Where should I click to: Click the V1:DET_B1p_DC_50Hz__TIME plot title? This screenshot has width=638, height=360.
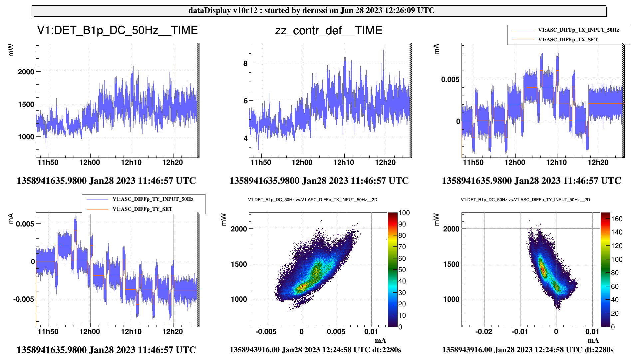117,30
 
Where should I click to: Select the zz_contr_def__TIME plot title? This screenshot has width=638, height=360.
329,31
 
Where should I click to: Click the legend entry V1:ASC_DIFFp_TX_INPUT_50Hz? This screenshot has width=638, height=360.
578,30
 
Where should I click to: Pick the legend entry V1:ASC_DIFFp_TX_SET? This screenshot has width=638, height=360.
568,40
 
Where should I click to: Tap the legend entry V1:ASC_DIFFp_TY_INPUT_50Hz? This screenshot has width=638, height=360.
153,199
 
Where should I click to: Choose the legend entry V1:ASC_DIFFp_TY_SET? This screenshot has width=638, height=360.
142,209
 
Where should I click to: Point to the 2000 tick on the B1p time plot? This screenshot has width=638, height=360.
26,72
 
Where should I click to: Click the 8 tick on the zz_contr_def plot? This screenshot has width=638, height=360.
245,64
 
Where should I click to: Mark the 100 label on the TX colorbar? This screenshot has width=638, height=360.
404,213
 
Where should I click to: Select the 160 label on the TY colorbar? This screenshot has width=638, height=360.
617,219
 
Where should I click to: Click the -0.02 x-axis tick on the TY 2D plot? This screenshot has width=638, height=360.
483,332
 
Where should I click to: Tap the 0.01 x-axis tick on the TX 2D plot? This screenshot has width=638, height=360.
371,332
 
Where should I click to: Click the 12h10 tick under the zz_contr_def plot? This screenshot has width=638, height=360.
344,163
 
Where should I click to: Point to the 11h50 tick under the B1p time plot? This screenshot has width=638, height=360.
48,163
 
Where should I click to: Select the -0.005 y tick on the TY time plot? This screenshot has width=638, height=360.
24,299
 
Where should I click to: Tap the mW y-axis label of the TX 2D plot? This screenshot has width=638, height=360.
224,219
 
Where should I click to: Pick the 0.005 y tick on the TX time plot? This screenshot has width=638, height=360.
450,79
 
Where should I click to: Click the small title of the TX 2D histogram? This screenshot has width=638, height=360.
312,200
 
